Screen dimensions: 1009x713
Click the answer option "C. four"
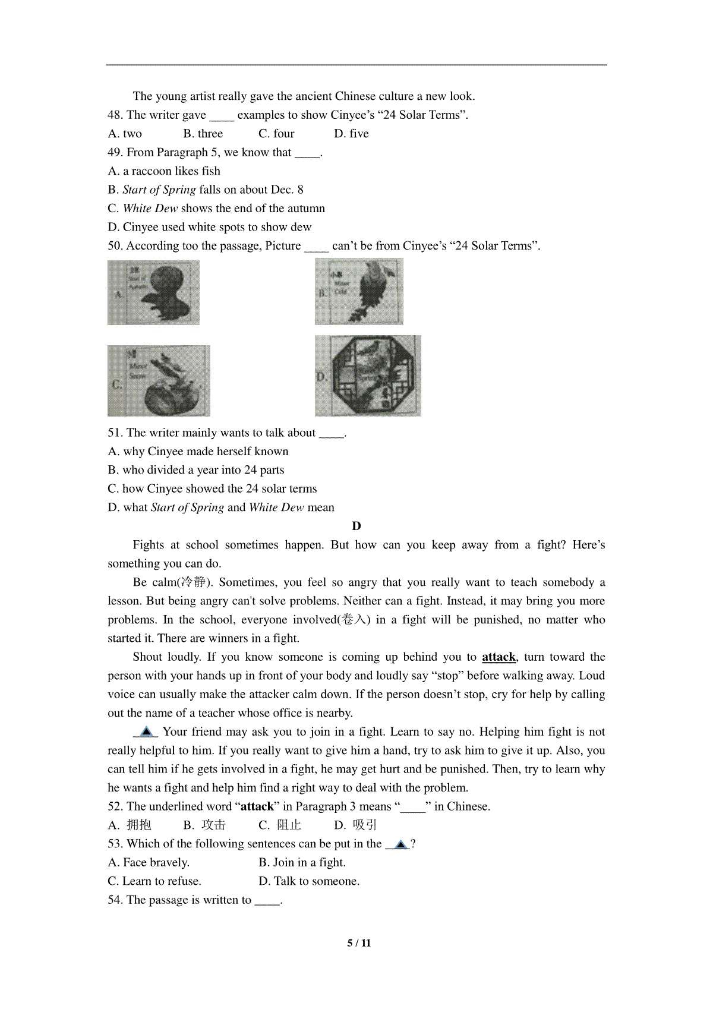coord(276,134)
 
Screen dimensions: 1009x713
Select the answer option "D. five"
coord(351,134)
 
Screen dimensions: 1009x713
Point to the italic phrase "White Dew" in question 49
coord(150,209)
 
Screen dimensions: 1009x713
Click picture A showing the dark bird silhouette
coord(153,293)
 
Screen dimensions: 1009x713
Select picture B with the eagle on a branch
coord(359,292)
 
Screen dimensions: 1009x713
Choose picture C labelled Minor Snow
coord(159,381)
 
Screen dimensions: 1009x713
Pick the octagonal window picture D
coord(368,376)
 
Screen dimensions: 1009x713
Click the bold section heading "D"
coord(356,526)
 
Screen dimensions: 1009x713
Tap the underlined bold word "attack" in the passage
coord(499,657)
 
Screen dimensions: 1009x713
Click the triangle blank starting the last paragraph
coord(146,731)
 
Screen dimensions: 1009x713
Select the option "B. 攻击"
coord(204,825)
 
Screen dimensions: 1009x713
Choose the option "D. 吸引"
coord(355,825)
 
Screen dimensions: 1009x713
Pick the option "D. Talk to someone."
coord(309,881)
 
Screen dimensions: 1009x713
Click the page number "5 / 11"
coord(359,943)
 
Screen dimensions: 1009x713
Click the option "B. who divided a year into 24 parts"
coord(196,470)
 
